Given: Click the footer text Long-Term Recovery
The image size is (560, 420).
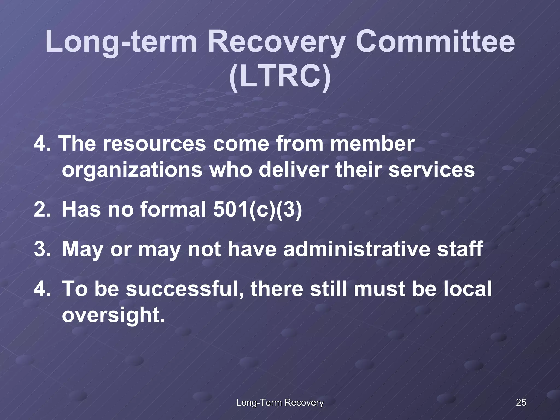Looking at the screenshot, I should tap(280, 402).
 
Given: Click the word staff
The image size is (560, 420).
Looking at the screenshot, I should tap(459, 249).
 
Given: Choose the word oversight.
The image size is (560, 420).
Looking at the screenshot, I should tap(113, 315).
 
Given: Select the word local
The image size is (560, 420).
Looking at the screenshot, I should tap(467, 289).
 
